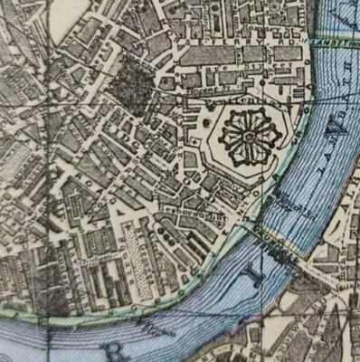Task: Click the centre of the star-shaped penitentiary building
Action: (x=247, y=137)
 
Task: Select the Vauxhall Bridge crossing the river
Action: (x=271, y=244)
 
